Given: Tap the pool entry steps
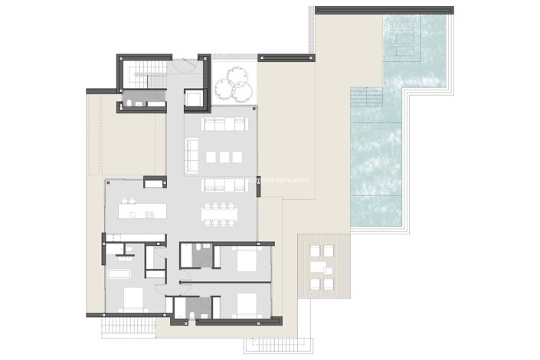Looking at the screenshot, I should [x=366, y=97].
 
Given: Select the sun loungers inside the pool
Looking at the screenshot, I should [x=403, y=38].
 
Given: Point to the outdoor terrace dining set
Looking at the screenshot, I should [x=320, y=267].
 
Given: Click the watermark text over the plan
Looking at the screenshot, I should [x=280, y=181].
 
